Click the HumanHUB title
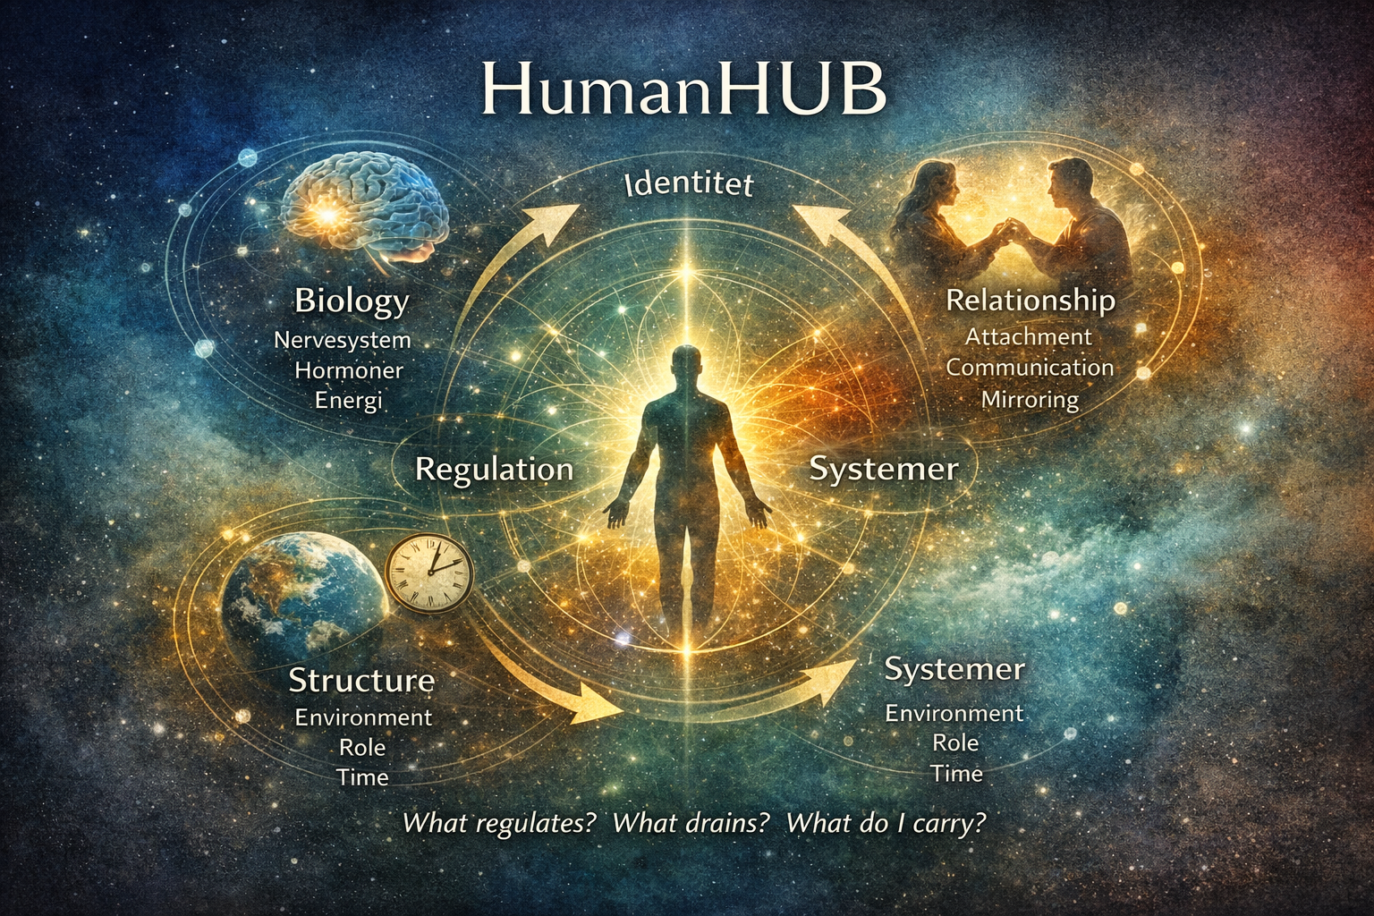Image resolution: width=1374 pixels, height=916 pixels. [x=683, y=88]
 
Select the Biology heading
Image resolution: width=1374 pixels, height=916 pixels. [x=352, y=301]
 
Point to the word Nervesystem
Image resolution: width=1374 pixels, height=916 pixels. [x=343, y=340]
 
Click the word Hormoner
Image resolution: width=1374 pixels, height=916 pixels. [x=349, y=369]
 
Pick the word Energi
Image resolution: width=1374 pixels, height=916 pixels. [x=349, y=400]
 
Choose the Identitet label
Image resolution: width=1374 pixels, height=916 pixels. [x=688, y=185]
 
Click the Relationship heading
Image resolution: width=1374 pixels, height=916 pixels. [x=1030, y=301]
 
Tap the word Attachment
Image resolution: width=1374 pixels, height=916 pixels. [x=1029, y=336]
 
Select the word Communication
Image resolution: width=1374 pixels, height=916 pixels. [x=1030, y=367]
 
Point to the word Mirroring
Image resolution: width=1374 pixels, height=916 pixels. [x=1030, y=399]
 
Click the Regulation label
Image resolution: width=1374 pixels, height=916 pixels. [x=495, y=470]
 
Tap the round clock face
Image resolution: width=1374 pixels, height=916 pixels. [x=429, y=572]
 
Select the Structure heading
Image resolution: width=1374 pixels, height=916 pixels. [x=361, y=681]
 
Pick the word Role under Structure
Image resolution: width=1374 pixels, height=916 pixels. [x=362, y=747]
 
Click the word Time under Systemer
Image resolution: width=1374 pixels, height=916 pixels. [x=956, y=773]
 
